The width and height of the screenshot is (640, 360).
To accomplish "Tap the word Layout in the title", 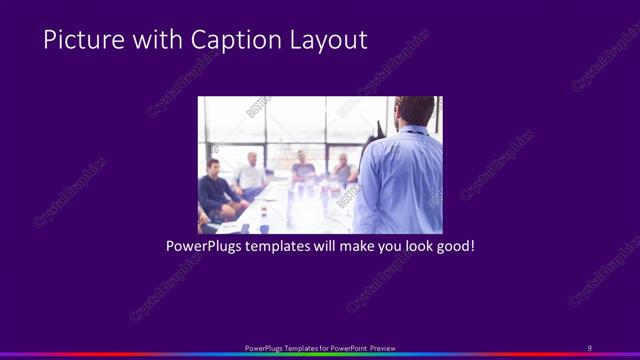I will [325, 41].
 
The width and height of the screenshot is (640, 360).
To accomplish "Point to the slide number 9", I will [589, 348].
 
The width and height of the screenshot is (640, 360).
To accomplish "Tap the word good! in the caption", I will [454, 245].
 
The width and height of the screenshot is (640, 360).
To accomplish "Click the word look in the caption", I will [413, 245].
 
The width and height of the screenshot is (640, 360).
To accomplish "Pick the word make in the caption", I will [354, 245].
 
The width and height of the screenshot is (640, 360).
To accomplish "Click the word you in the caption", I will [384, 245].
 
